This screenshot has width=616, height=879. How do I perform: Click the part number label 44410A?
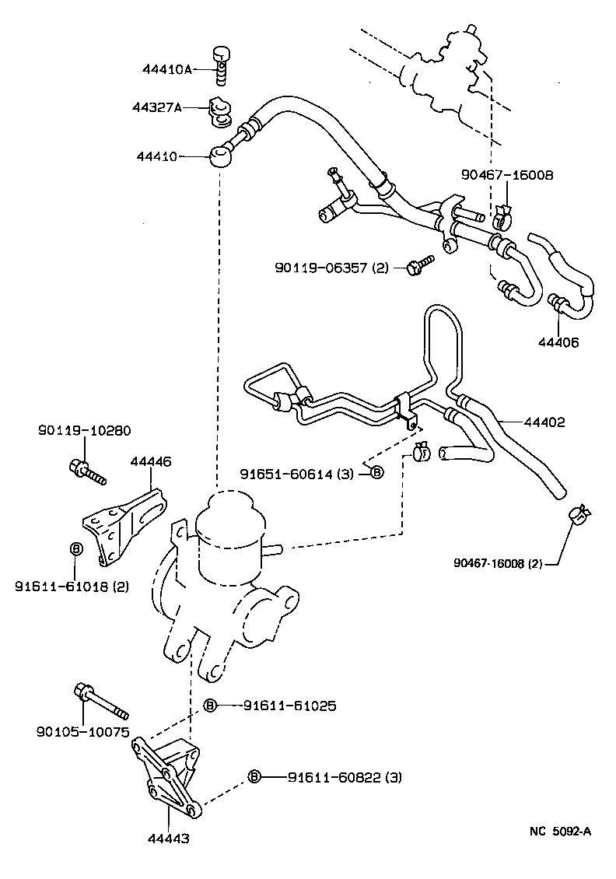click(x=166, y=69)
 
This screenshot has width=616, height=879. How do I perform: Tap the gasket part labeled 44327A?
click(x=219, y=110)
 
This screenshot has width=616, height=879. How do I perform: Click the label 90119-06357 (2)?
click(x=331, y=268)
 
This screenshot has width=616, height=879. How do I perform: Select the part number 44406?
click(x=558, y=341)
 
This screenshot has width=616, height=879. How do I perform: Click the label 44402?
click(x=544, y=422)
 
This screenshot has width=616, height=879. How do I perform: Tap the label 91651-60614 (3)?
click(x=299, y=472)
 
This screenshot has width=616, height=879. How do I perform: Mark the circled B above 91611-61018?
click(x=76, y=549)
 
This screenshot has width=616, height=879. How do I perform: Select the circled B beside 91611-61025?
click(x=210, y=706)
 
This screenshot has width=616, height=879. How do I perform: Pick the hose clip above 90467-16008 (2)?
click(x=579, y=514)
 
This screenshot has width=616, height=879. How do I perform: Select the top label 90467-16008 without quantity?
click(x=506, y=176)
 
